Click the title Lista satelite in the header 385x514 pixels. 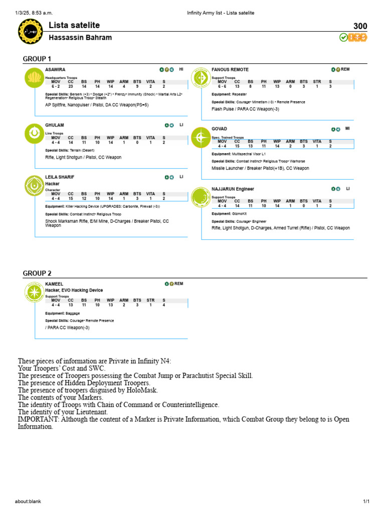(x=74, y=25)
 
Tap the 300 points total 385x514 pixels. (x=360, y=27)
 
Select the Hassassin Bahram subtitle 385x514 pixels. (x=80, y=38)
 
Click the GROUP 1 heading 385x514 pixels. (x=37, y=59)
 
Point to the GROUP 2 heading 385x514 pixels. (x=37, y=273)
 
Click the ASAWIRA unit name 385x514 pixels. (x=55, y=69)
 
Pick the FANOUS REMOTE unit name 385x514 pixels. (x=230, y=69)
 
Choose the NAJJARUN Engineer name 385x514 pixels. (x=233, y=189)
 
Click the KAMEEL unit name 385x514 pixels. (x=54, y=284)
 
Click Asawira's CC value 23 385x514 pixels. (x=71, y=86)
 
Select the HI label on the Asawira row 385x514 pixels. (x=181, y=69)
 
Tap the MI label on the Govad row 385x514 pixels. (x=347, y=128)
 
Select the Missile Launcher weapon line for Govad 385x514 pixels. (x=260, y=168)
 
